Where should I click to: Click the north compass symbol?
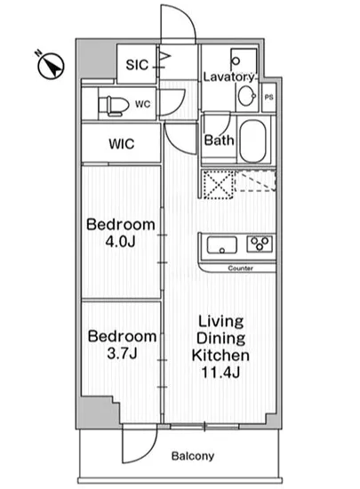point(51,66)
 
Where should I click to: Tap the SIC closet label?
point(137,65)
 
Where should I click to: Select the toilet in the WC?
point(114,106)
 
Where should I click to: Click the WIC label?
point(122,144)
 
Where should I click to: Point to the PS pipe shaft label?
point(269,97)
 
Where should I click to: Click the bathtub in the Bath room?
point(252,141)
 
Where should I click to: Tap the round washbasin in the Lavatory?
point(247,96)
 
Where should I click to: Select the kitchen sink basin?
point(222,244)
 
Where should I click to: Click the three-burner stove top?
point(260,244)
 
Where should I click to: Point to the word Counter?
point(240,269)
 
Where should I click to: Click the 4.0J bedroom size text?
point(120,242)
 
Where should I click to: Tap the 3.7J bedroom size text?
point(122,353)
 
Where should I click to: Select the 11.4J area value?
point(220,373)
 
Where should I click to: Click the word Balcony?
point(193,456)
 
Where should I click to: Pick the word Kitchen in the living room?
point(220,356)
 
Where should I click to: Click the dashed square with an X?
point(218,184)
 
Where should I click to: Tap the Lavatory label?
point(229,76)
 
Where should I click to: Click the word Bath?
point(220,140)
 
